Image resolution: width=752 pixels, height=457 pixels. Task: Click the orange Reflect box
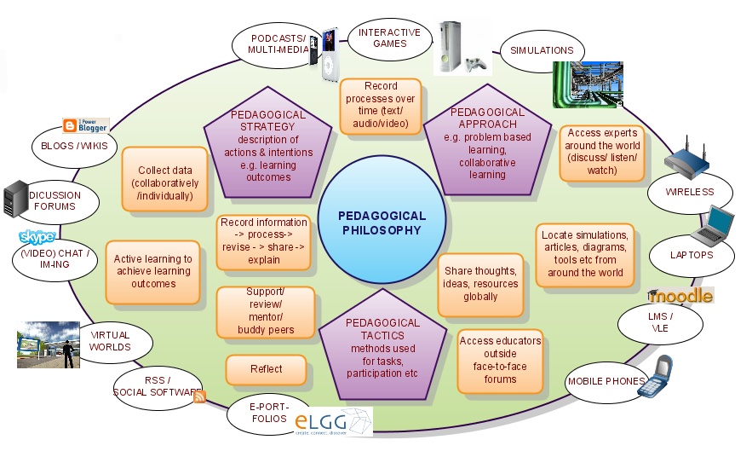tap(266, 369)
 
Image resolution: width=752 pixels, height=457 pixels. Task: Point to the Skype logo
tap(37, 236)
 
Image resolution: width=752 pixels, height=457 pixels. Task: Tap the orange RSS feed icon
tap(200, 396)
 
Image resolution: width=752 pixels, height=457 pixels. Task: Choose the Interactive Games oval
tap(389, 38)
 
